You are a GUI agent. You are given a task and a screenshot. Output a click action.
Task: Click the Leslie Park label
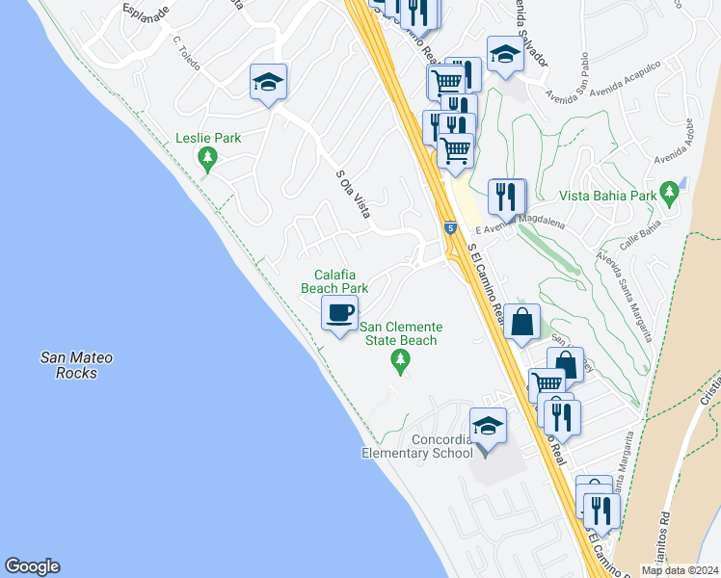(x=208, y=138)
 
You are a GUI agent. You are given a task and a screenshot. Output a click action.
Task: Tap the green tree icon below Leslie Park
(x=206, y=158)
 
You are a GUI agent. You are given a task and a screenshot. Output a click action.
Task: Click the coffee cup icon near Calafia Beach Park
(x=339, y=313)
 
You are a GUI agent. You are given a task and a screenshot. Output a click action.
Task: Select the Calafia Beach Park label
(x=334, y=281)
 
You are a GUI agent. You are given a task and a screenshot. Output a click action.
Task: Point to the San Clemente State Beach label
(x=400, y=333)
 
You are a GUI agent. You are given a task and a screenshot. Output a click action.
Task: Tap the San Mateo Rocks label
(x=76, y=365)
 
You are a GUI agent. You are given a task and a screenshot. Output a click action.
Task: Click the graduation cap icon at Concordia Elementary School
(x=488, y=426)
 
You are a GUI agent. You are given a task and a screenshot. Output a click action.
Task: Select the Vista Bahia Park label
(x=613, y=196)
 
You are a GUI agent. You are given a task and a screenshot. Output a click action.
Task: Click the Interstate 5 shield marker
(x=450, y=228)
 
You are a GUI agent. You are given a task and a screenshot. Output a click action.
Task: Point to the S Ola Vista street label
(x=353, y=194)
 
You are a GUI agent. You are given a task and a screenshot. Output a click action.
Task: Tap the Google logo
(x=32, y=566)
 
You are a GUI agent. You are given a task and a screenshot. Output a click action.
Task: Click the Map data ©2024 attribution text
(x=679, y=570)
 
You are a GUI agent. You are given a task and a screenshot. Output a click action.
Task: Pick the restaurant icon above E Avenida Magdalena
(x=506, y=197)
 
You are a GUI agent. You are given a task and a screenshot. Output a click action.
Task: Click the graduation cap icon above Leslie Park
(x=268, y=82)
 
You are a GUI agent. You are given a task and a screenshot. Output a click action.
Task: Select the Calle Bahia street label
(x=639, y=238)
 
